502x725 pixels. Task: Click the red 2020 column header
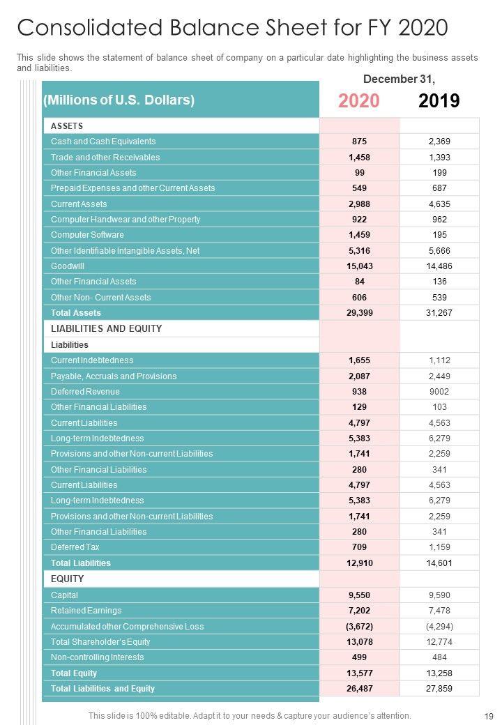point(359,101)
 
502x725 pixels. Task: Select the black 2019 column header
point(439,101)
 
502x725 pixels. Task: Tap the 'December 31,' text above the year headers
point(399,79)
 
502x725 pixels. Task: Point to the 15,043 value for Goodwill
point(360,266)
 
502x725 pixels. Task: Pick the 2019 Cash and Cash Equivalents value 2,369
point(439,142)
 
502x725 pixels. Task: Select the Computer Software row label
point(87,235)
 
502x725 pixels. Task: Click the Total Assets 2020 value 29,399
point(360,313)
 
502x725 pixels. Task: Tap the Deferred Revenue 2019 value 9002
point(439,392)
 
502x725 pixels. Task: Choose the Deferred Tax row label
point(75,547)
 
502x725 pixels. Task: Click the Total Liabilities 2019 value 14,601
point(439,563)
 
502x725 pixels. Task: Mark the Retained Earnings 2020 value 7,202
point(360,611)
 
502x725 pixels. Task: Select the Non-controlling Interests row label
point(97,657)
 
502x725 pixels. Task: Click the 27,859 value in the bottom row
point(439,689)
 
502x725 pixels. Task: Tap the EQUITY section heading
point(67,579)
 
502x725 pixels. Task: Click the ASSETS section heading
point(67,126)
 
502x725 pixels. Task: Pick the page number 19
point(488,716)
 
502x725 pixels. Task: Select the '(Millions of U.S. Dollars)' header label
point(119,100)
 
